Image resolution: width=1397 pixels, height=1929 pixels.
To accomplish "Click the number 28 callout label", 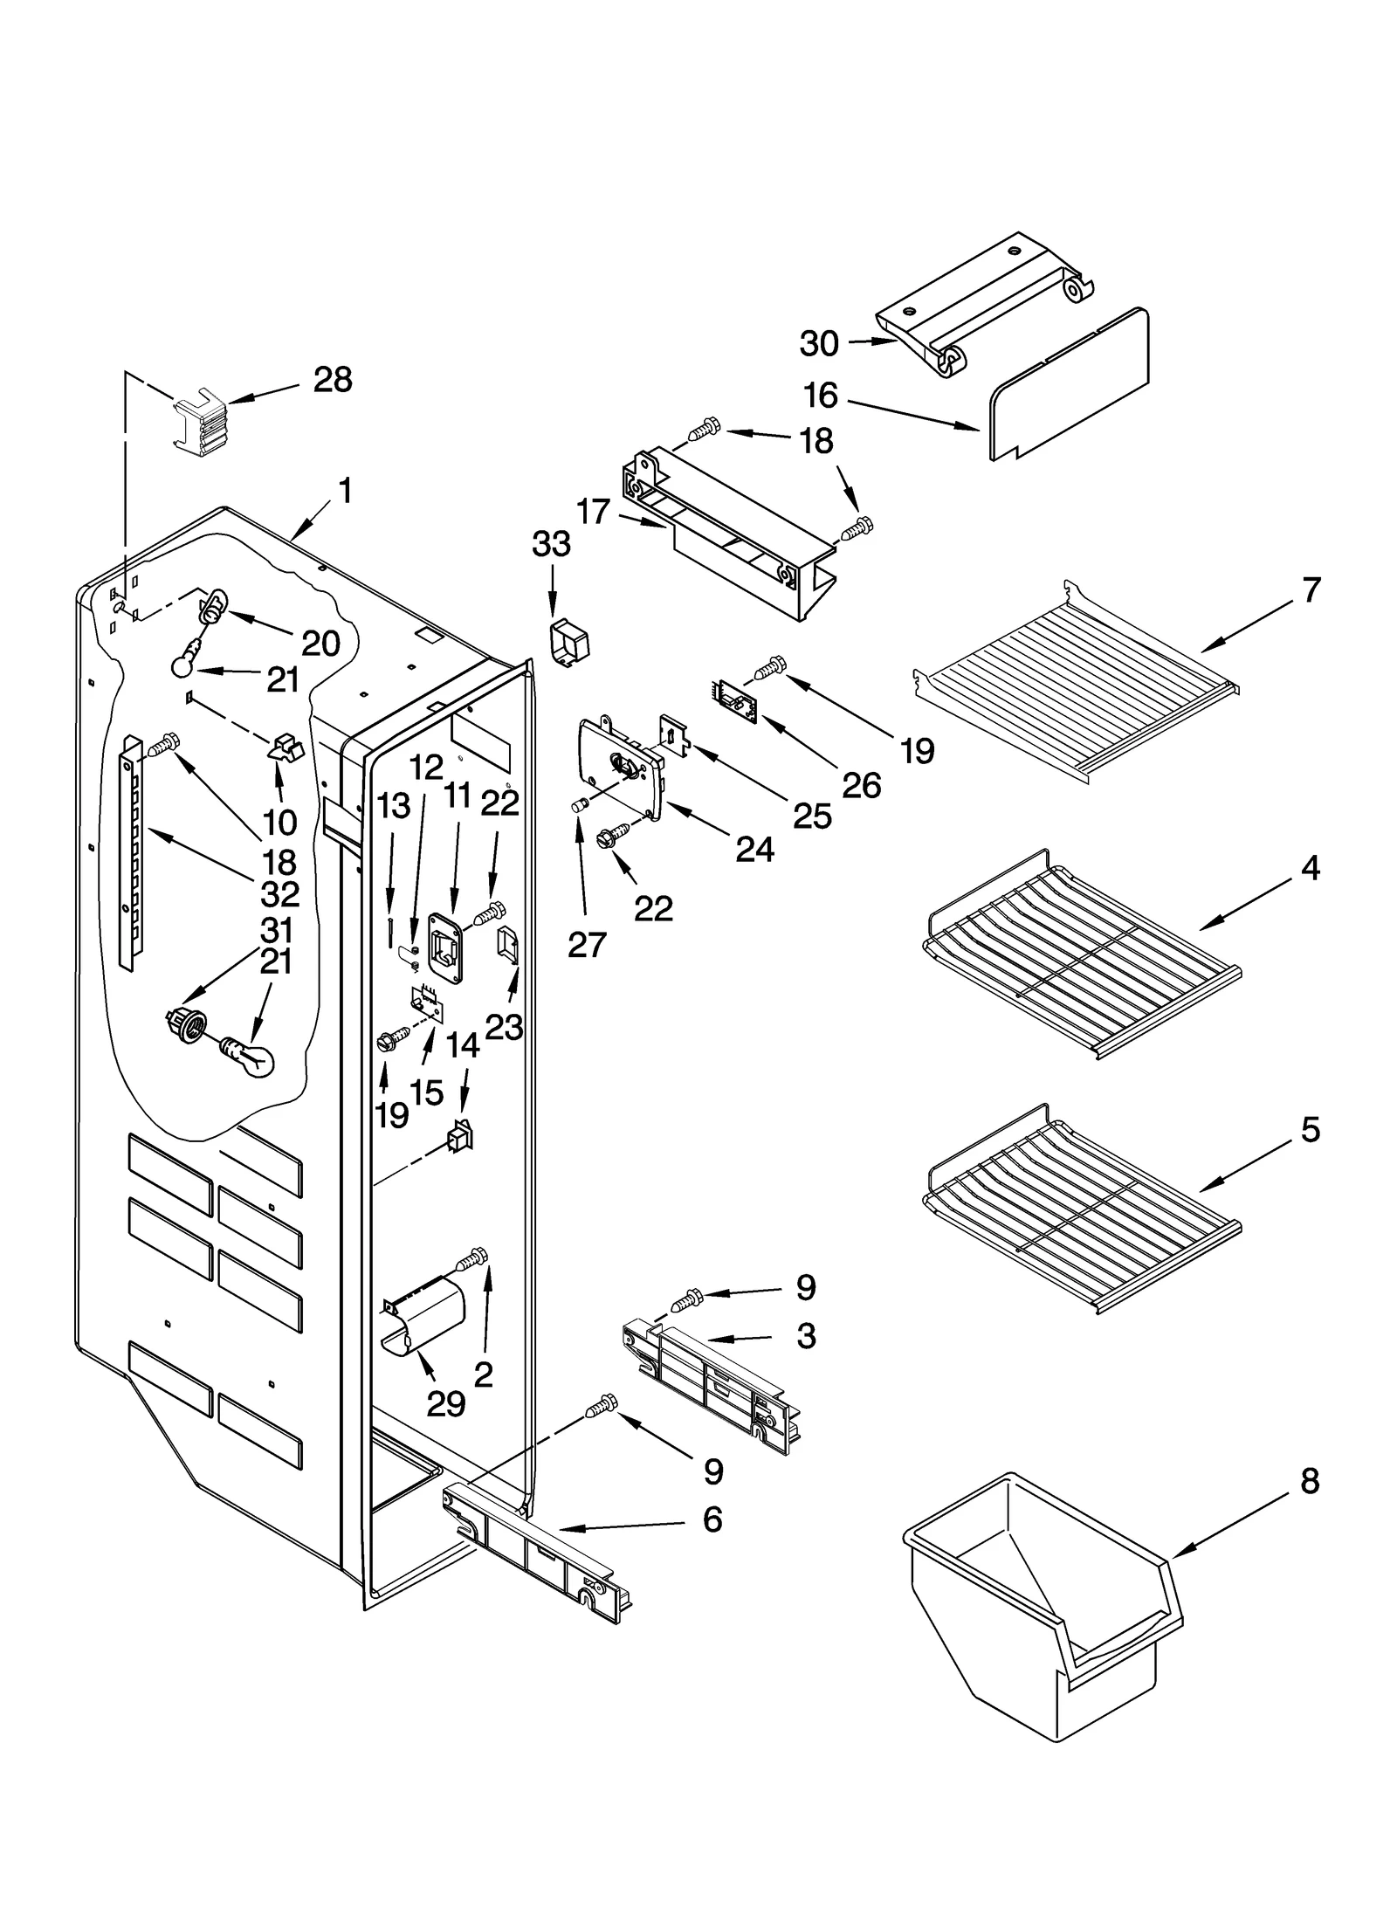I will [x=333, y=381].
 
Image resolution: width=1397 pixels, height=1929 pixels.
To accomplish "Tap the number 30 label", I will [x=818, y=344].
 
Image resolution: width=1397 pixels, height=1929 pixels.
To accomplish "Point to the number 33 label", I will [x=551, y=544].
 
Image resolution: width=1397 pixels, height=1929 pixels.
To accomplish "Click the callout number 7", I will [x=1311, y=591].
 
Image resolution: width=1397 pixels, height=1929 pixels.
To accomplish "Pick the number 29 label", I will [x=445, y=1403].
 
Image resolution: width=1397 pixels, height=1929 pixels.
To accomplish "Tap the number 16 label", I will [x=820, y=396].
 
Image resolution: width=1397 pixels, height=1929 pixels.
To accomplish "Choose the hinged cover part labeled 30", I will [x=987, y=306].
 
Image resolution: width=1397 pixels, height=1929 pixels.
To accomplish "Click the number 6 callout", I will [x=712, y=1519].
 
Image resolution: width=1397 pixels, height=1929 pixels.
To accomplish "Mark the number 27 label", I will [x=586, y=945].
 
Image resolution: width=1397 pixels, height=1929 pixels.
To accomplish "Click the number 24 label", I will [x=754, y=849].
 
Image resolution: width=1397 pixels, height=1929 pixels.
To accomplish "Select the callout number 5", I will [x=1311, y=1131].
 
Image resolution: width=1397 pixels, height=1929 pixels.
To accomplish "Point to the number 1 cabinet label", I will [x=346, y=492].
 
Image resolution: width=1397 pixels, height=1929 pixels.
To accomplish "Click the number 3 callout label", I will [x=805, y=1336].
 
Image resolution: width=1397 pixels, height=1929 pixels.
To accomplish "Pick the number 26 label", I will [x=861, y=786].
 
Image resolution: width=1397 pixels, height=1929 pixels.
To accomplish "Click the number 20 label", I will [x=320, y=644].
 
